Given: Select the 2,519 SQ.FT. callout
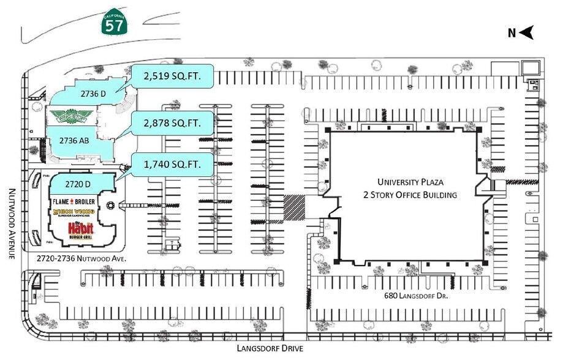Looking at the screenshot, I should (x=172, y=77).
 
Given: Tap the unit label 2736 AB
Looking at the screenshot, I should (x=75, y=140).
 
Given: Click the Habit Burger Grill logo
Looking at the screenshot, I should (x=81, y=230).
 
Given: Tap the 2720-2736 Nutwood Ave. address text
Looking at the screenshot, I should (x=81, y=259).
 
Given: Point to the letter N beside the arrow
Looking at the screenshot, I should (x=511, y=34).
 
